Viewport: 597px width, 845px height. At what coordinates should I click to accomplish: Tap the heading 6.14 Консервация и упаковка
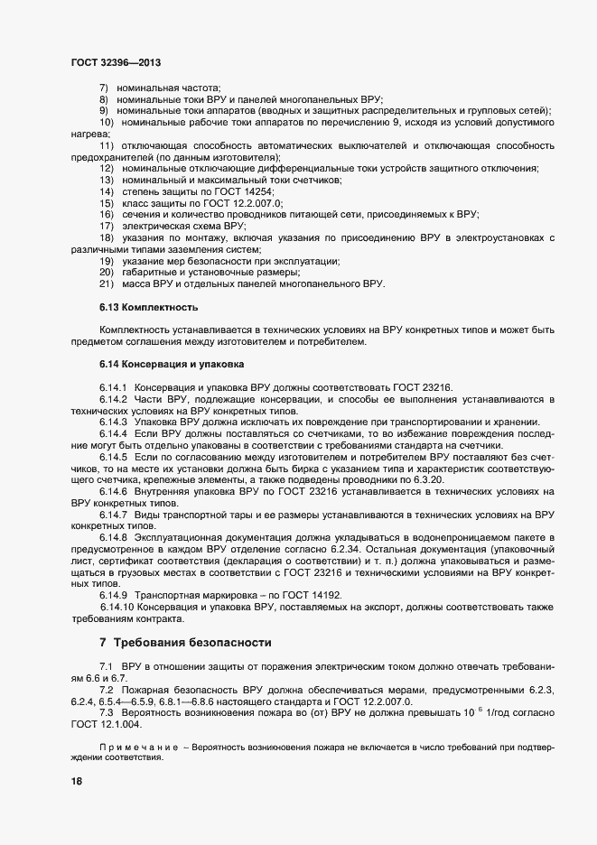tap(172, 365)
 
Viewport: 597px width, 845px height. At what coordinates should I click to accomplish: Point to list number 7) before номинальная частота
tap(104, 88)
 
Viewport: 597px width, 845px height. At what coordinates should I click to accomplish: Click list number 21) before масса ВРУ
tap(106, 284)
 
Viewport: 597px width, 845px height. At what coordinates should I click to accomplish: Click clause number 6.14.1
tap(114, 388)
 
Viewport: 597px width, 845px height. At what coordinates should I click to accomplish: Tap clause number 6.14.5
tap(114, 458)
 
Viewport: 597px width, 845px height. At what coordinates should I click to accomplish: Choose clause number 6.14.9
tap(114, 597)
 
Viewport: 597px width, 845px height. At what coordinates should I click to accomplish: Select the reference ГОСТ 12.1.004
tap(110, 724)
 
